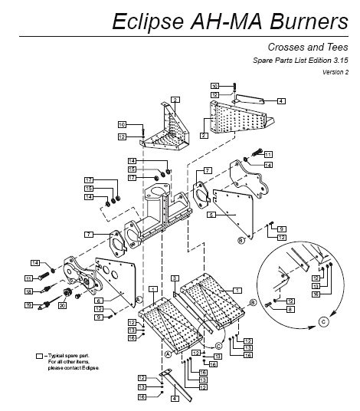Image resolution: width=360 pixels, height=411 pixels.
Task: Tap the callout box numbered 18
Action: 28,291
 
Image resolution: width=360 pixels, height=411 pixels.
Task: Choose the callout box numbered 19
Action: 28,305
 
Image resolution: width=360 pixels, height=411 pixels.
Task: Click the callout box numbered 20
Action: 62,305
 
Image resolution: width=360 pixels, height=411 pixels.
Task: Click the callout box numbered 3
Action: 175,277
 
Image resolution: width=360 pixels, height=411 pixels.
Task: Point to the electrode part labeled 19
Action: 43,305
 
